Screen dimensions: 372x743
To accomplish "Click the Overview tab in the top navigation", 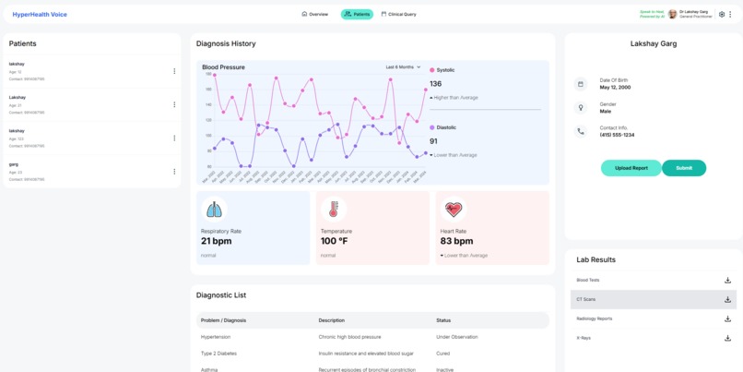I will coord(315,15).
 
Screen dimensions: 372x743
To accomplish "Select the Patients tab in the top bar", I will coord(357,15).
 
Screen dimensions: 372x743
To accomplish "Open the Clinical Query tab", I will coord(399,15).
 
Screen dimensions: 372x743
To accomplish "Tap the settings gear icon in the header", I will coord(722,15).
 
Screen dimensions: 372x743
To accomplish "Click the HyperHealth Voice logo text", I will coord(40,15).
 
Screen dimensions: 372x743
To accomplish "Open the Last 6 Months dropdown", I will coord(403,67).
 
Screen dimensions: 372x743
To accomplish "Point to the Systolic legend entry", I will coord(442,70).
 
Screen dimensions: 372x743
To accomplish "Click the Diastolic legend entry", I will coord(443,127).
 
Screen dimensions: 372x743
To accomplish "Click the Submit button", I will coord(684,168).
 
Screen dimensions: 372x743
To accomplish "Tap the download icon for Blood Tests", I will coord(727,281).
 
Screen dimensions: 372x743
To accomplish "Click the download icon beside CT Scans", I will coord(727,299).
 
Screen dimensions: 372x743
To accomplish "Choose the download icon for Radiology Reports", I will coord(727,318).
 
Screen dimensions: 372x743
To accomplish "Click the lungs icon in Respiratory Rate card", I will coord(214,209).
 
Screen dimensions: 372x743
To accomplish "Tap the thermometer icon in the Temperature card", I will coord(334,209).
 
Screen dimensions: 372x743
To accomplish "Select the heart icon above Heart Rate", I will coord(453,209).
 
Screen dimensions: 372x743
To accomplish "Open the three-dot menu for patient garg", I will coord(174,172).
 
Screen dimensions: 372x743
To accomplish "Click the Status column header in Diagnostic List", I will coord(443,320).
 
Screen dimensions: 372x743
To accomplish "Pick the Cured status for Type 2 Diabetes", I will coord(443,354).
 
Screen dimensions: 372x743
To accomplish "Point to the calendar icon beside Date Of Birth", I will coord(581,84).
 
